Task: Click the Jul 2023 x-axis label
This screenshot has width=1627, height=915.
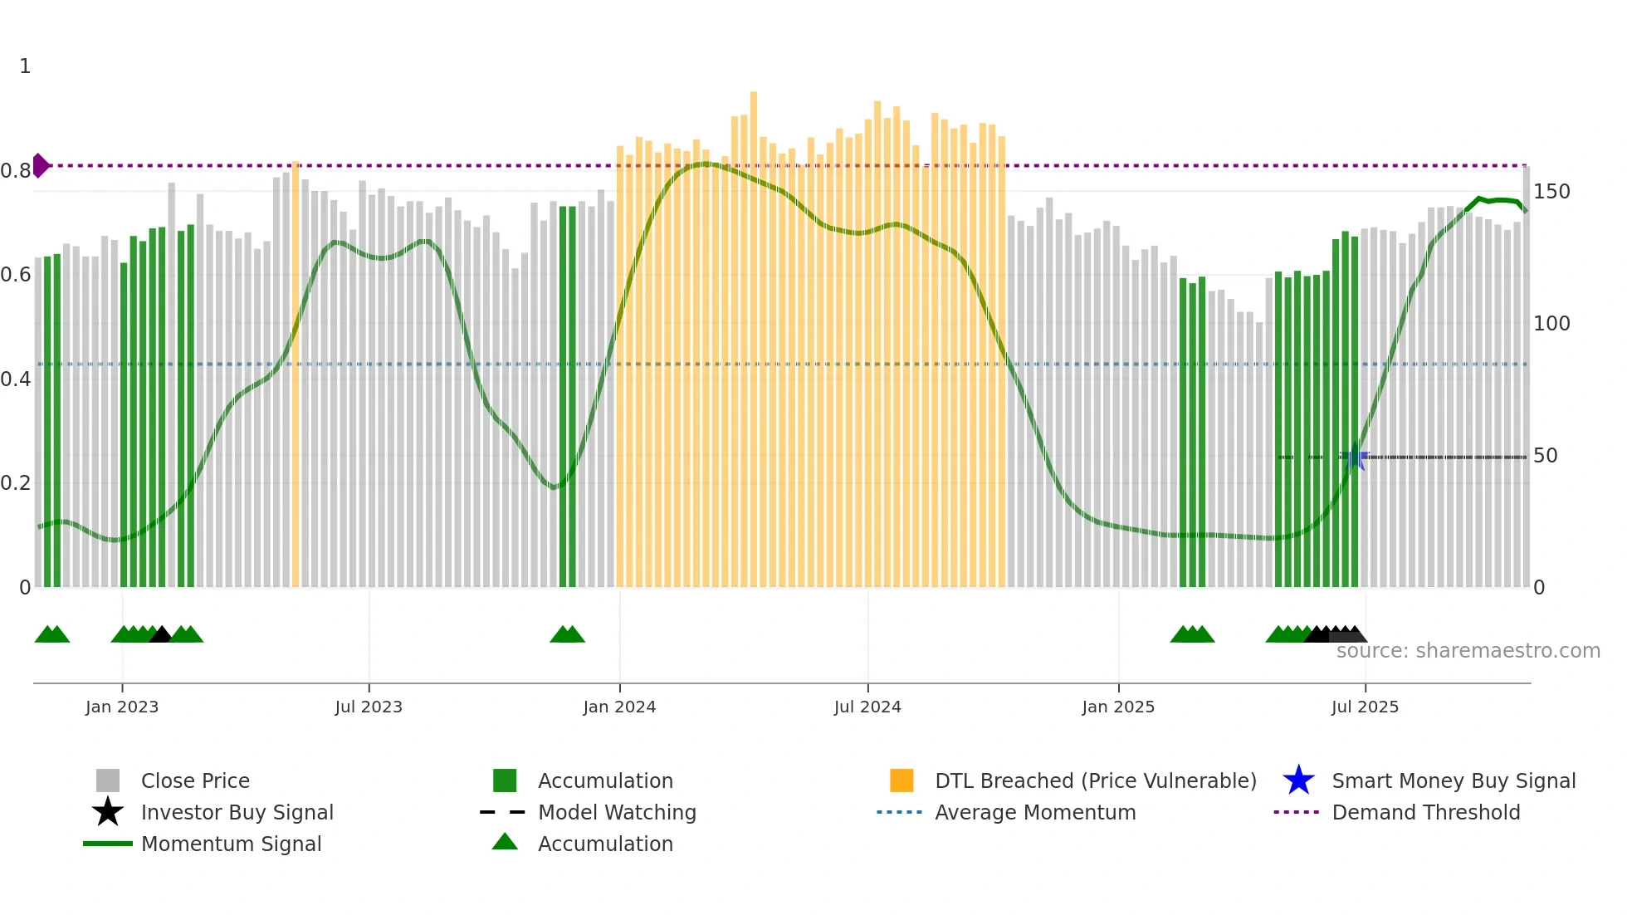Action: [x=369, y=707]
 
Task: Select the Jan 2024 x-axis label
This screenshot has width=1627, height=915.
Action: [x=619, y=707]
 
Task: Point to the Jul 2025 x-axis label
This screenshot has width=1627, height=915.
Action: [x=1365, y=707]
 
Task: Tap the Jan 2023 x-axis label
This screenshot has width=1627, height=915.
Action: [x=122, y=707]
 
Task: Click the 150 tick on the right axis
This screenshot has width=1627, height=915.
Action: [x=1551, y=192]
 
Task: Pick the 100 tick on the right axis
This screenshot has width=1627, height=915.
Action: [x=1551, y=324]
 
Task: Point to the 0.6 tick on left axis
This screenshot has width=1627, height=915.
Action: [x=16, y=275]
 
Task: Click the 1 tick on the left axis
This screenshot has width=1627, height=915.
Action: [x=25, y=66]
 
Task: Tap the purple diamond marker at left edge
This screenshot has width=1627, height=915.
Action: [x=40, y=165]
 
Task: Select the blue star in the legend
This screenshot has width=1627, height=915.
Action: [x=1298, y=780]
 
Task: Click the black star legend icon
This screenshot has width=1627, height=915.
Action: [x=108, y=812]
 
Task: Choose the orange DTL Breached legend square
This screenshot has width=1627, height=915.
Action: [x=901, y=780]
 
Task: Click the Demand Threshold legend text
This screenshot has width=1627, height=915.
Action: [x=1425, y=812]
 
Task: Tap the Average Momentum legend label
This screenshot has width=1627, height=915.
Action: [x=1035, y=812]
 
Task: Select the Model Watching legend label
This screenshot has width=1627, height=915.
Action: [x=617, y=812]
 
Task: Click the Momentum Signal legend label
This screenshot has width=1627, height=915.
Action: [x=231, y=844]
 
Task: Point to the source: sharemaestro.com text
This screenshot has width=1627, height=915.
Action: [x=1468, y=651]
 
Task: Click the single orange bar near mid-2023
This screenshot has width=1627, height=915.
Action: [x=296, y=374]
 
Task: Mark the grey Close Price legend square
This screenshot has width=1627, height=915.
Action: [x=108, y=780]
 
